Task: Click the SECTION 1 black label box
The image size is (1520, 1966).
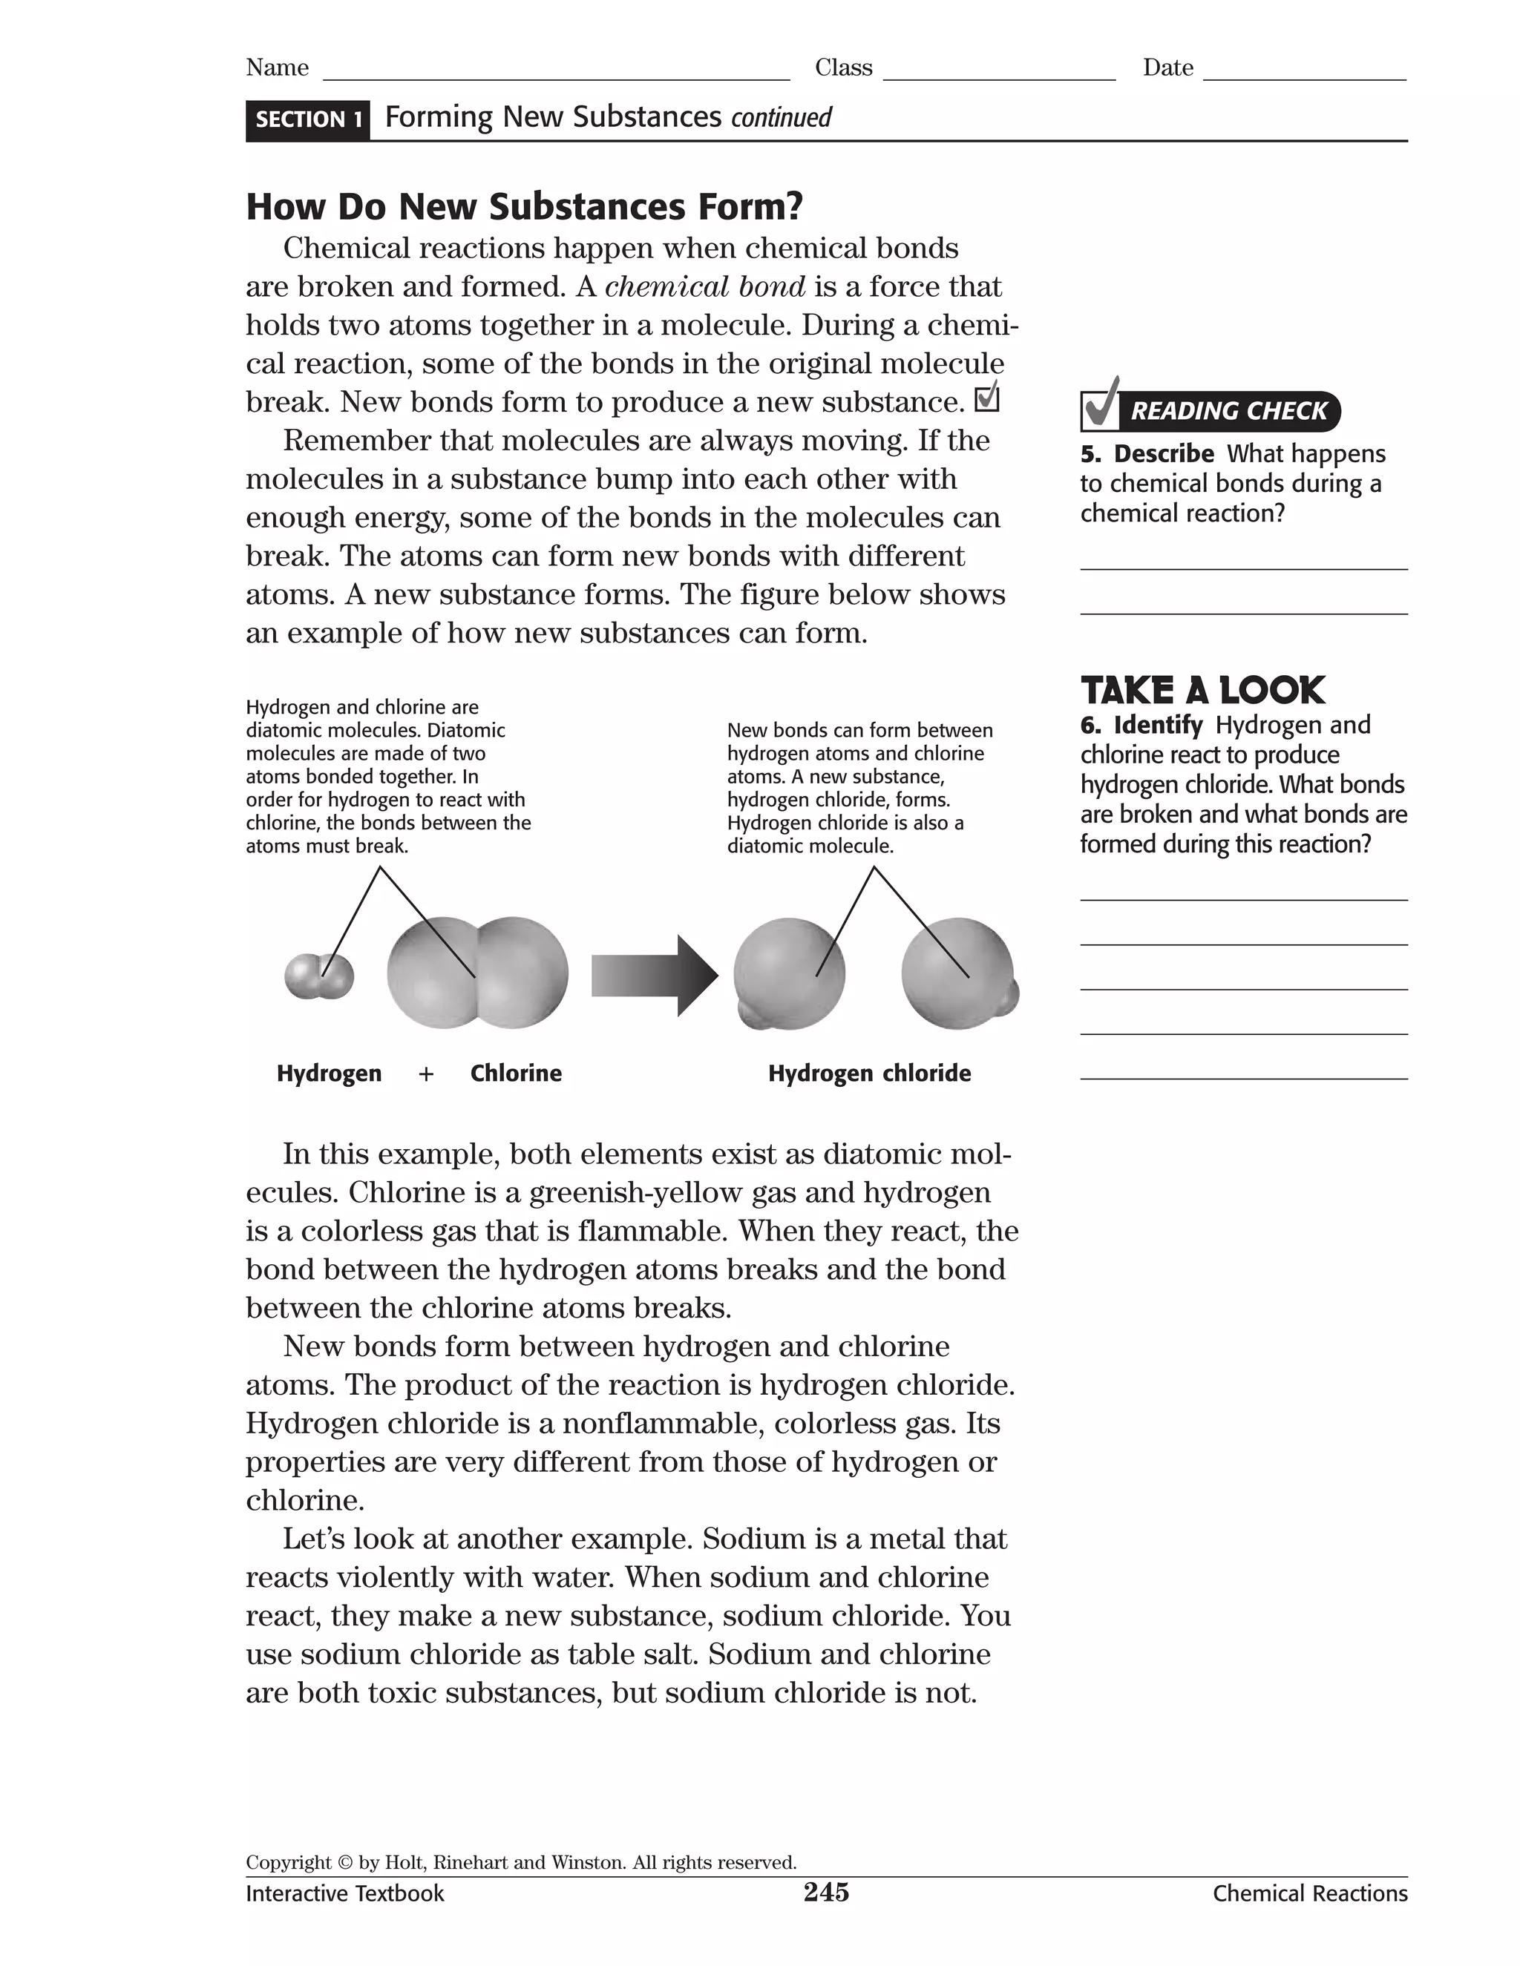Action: click(x=307, y=119)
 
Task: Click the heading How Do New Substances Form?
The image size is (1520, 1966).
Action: click(x=524, y=207)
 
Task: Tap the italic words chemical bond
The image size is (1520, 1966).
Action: click(x=705, y=287)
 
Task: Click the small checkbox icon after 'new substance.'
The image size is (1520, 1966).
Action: click(x=987, y=397)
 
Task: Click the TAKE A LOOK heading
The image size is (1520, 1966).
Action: click(x=1202, y=691)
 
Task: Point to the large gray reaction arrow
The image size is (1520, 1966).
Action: click(x=655, y=976)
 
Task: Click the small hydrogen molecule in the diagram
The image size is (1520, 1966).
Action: click(x=318, y=977)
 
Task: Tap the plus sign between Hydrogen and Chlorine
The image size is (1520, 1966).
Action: click(x=426, y=1074)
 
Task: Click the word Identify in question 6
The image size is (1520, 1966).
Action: click(x=1157, y=725)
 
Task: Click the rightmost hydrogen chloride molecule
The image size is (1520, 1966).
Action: click(x=960, y=975)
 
